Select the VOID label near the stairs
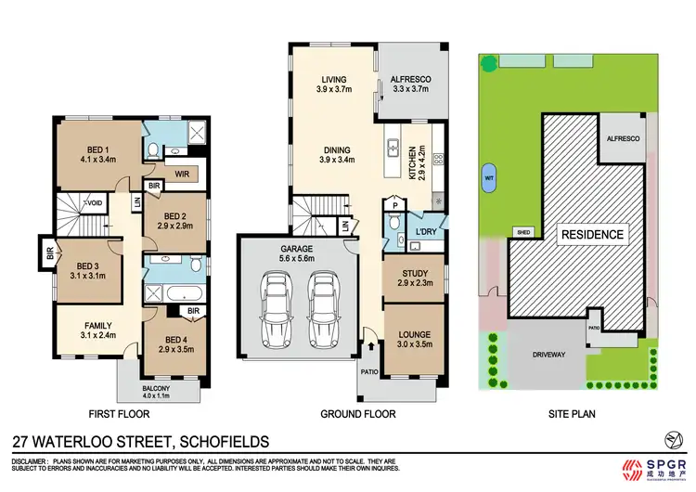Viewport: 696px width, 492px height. (94, 202)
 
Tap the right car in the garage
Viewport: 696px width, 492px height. (321, 306)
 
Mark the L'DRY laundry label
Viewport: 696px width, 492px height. (427, 229)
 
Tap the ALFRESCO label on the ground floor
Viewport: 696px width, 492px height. (410, 85)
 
